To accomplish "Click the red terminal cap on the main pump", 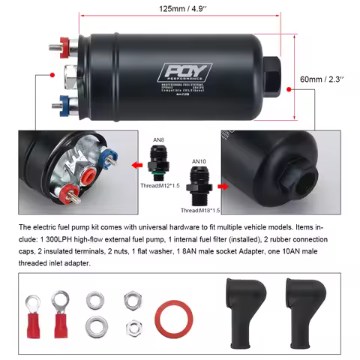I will pos(69,44).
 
